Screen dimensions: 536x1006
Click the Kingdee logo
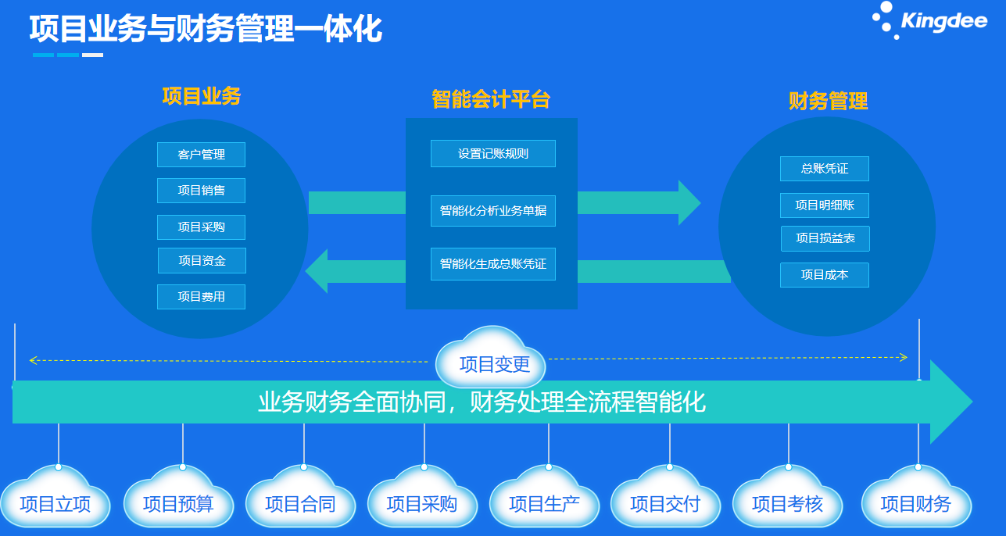929,20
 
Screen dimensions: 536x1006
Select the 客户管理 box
201,155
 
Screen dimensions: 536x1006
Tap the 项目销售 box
201,191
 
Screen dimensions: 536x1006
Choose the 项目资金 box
202,261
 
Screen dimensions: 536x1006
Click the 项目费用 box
201,297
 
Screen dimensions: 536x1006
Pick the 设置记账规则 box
492,154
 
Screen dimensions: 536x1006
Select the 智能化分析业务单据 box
492,211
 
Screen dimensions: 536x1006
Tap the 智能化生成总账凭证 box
492,264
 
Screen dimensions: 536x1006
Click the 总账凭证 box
824,169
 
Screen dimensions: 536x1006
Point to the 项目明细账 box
824,205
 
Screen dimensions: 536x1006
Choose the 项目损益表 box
825,238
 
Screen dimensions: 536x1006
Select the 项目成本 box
824,275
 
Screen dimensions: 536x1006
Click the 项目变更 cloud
494,364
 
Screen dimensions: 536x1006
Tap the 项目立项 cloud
55,503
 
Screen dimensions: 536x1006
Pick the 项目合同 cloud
300,503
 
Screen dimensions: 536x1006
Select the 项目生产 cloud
544,503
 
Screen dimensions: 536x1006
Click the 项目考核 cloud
787,503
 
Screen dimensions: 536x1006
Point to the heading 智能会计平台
491,99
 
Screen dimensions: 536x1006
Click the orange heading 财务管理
828,102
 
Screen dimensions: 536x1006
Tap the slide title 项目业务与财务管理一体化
206,29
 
